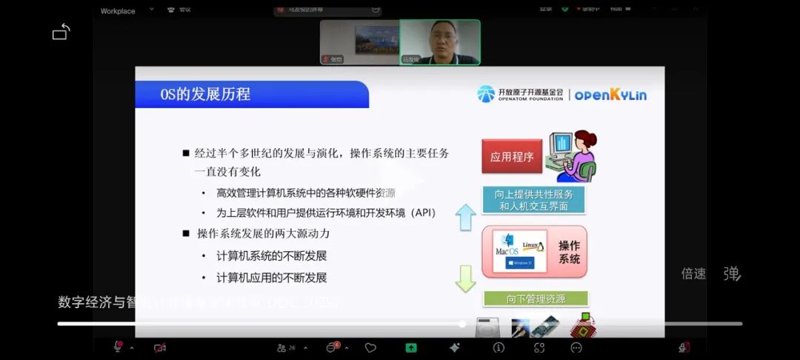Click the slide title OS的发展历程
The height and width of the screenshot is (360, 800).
(206, 94)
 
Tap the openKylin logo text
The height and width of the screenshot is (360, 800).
(610, 95)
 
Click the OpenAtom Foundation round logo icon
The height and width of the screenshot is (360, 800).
(486, 94)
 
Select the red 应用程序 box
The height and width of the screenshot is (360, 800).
(512, 157)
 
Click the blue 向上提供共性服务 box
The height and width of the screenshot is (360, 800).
(533, 200)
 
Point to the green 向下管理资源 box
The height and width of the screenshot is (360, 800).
(536, 299)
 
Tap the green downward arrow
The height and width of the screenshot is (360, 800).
(465, 278)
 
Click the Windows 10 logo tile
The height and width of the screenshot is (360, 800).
(520, 262)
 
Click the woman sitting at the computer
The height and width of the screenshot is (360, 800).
(573, 156)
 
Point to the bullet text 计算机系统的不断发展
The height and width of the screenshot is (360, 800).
(271, 256)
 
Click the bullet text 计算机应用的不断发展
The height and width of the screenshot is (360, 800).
(271, 278)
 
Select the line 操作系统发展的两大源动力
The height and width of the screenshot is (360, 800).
(263, 233)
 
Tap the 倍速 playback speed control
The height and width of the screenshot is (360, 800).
(693, 274)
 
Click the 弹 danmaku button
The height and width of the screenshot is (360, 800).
(732, 274)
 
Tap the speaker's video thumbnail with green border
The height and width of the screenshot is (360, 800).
(440, 41)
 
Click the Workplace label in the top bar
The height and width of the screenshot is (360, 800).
(118, 11)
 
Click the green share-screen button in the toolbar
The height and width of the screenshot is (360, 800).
(411, 347)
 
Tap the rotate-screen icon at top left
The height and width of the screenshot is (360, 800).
(61, 32)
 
